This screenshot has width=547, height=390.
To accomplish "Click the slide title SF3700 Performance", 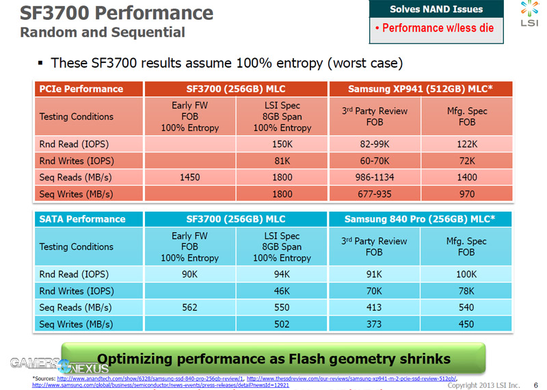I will click(116, 13).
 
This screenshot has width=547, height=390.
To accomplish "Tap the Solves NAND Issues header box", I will click(436, 10).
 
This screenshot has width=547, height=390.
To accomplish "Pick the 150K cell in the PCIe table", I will click(282, 144).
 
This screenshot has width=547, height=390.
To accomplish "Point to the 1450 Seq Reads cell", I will click(189, 177).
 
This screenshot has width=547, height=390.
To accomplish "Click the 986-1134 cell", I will click(374, 177).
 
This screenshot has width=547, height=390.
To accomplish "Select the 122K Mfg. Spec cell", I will click(467, 144).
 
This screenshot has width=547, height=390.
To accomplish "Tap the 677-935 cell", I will click(374, 193).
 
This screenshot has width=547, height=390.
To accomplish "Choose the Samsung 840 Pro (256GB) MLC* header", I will click(421, 219).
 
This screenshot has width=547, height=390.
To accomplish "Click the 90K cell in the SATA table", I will click(189, 275).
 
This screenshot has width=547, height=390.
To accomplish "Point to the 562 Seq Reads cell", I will click(189, 307).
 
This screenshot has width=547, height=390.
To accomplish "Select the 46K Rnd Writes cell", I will click(282, 291).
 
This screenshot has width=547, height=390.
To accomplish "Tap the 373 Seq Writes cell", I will click(374, 324).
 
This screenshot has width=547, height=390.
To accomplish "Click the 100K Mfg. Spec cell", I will click(467, 275).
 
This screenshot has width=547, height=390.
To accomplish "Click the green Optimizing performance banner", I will click(273, 358).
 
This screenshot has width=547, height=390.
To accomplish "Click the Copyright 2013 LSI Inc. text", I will click(483, 385).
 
